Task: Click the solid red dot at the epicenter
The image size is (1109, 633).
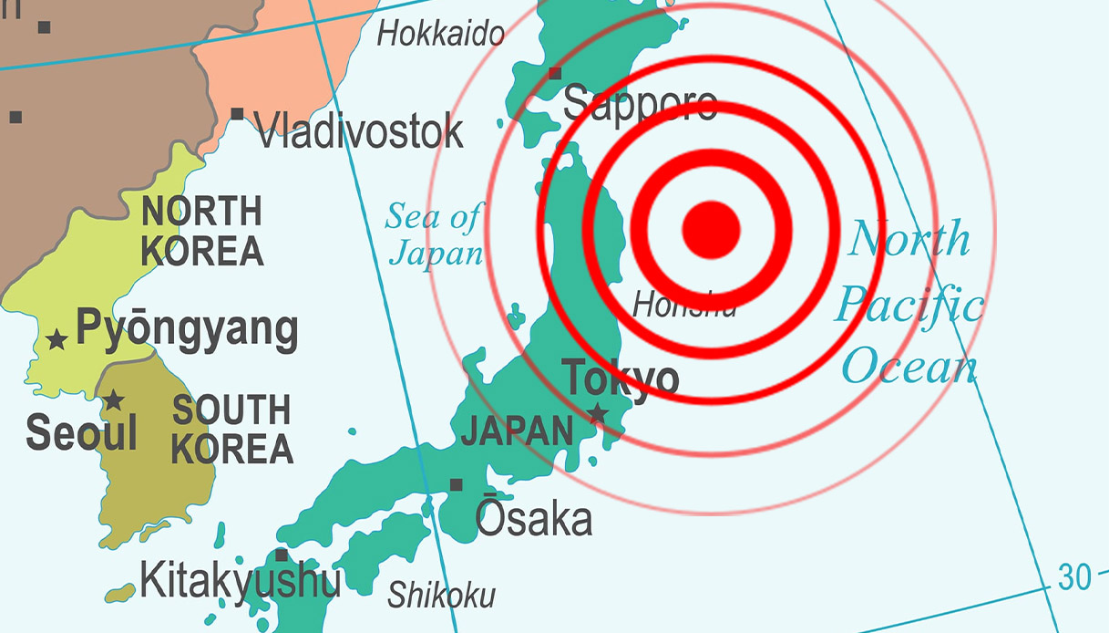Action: tap(711, 228)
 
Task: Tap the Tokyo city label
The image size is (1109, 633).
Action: tap(620, 379)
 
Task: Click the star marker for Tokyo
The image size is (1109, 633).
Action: tap(598, 413)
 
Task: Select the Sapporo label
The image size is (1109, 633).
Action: tap(640, 104)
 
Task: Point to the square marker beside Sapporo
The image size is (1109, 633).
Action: tap(554, 73)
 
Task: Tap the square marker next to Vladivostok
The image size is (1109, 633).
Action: tap(237, 114)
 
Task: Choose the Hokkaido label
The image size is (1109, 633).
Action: tap(441, 35)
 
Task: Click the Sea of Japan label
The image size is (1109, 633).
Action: tap(434, 235)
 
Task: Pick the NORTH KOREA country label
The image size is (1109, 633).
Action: tap(202, 231)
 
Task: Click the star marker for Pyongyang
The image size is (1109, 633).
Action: tap(56, 340)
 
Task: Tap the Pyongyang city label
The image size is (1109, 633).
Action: tap(187, 328)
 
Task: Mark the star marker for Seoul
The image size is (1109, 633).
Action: tap(113, 400)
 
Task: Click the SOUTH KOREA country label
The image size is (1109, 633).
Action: tap(232, 430)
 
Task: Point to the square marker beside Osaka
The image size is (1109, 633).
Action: tap(456, 485)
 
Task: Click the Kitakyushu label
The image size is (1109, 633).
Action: tap(241, 579)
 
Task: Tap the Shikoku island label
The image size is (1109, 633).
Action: tap(442, 596)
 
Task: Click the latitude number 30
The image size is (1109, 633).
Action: tap(1074, 576)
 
